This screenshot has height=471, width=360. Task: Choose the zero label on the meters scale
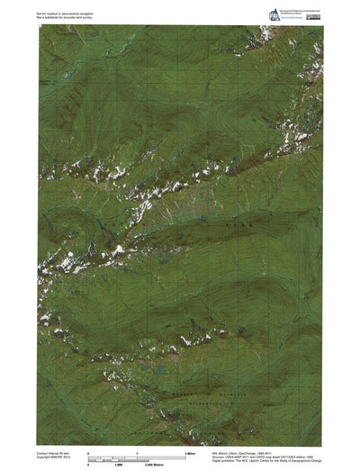[88, 461]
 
